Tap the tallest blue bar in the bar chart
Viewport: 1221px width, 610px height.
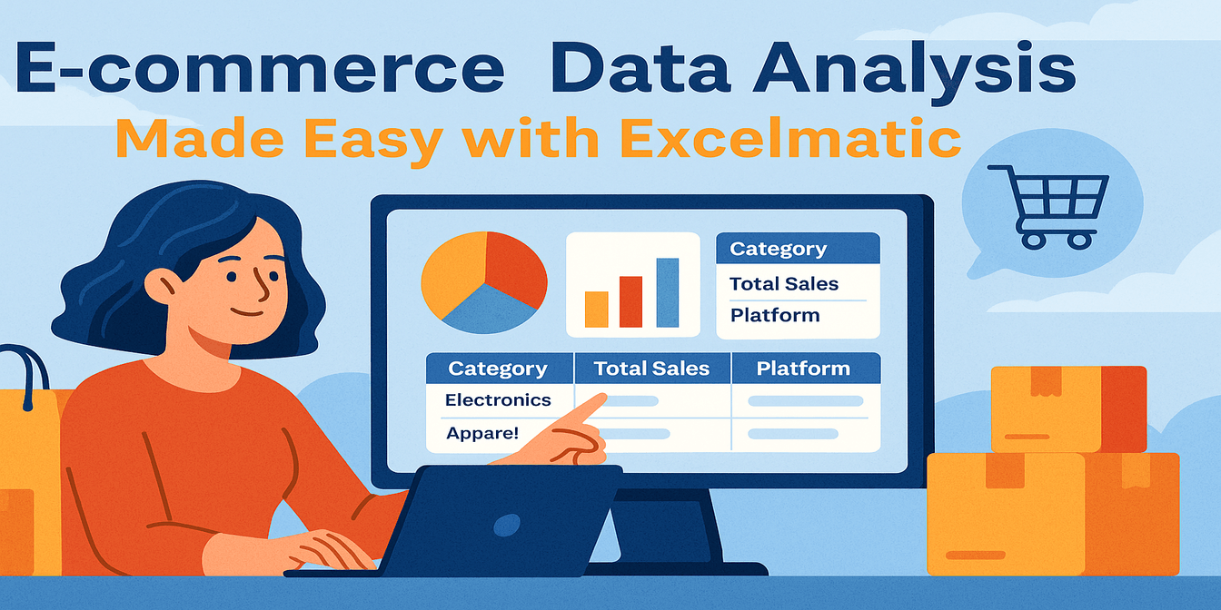click(x=667, y=292)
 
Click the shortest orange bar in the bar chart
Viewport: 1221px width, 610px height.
click(x=596, y=309)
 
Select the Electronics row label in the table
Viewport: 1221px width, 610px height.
click(x=498, y=399)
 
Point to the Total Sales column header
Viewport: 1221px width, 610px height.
click(x=651, y=369)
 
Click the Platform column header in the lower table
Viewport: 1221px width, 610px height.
click(x=803, y=369)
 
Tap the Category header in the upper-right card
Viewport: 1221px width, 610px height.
click(x=778, y=249)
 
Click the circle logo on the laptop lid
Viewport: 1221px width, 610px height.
click(x=506, y=526)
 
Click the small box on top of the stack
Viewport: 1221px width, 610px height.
click(x=1067, y=408)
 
